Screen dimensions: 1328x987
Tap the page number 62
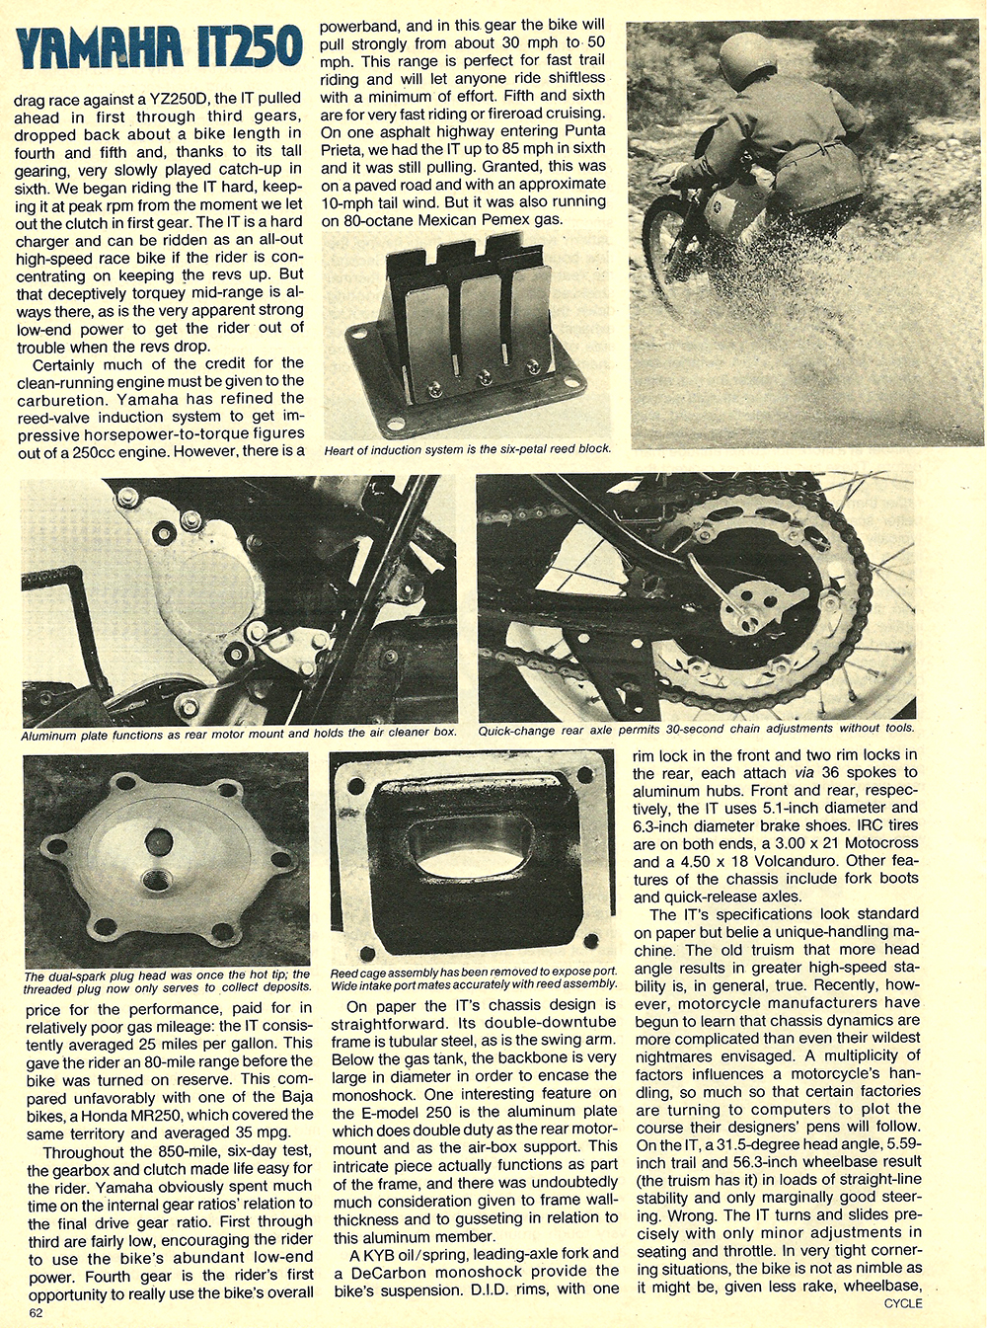tap(36, 1313)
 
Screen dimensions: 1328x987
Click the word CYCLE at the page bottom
tap(903, 1303)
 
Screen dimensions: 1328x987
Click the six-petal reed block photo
tap(469, 336)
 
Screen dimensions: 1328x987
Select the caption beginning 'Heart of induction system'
tap(467, 448)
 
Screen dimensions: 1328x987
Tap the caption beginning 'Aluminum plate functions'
tap(239, 734)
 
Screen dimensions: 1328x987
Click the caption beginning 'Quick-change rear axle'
tap(696, 729)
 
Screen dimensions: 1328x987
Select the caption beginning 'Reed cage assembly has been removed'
tap(473, 977)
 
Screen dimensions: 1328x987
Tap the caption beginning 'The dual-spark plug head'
tap(166, 981)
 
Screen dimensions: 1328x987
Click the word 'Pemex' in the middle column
tap(493, 219)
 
